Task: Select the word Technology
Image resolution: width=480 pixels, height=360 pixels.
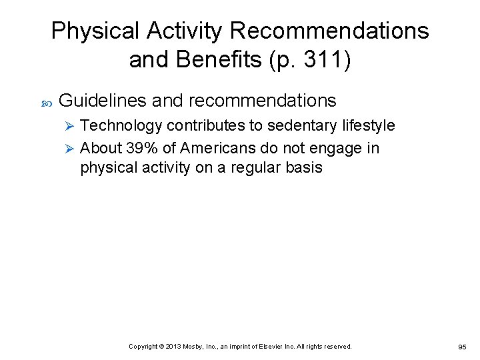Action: coord(121,125)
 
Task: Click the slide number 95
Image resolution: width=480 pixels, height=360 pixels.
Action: coord(462,347)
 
